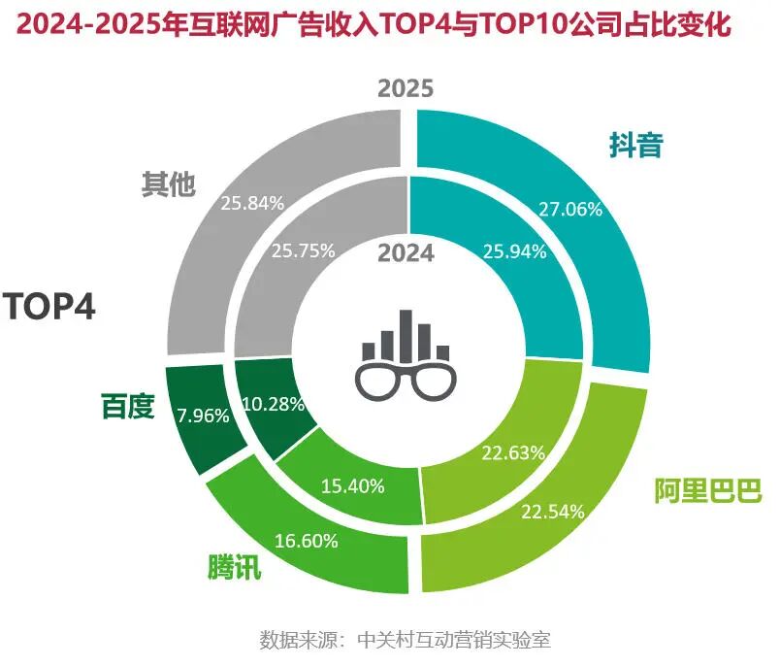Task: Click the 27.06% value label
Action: click(x=569, y=208)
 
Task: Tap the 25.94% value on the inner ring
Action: click(x=514, y=250)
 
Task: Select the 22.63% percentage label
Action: click(x=513, y=452)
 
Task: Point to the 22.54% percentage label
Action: click(x=553, y=511)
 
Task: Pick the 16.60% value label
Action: click(x=306, y=541)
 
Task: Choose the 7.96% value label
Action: click(x=203, y=416)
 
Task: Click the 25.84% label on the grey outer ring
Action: click(x=252, y=204)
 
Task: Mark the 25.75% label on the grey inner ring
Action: click(x=304, y=250)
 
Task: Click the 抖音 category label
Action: click(x=635, y=146)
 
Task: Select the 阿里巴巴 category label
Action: click(x=707, y=490)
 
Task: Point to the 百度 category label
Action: click(x=128, y=406)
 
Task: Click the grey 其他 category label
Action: click(x=169, y=183)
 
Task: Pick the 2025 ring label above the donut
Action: click(x=406, y=89)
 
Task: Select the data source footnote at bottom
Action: click(x=406, y=641)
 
